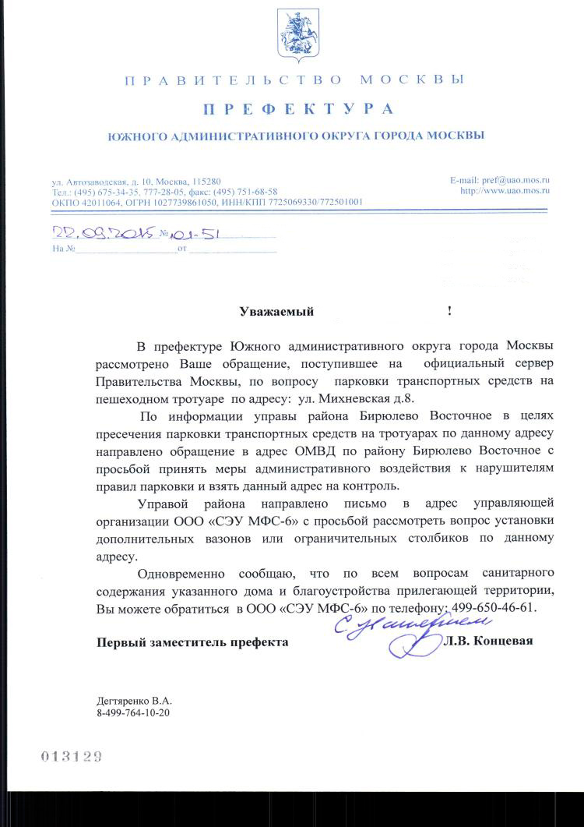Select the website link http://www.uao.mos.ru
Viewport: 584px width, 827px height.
(505, 190)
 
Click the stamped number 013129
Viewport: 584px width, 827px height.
(72, 756)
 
